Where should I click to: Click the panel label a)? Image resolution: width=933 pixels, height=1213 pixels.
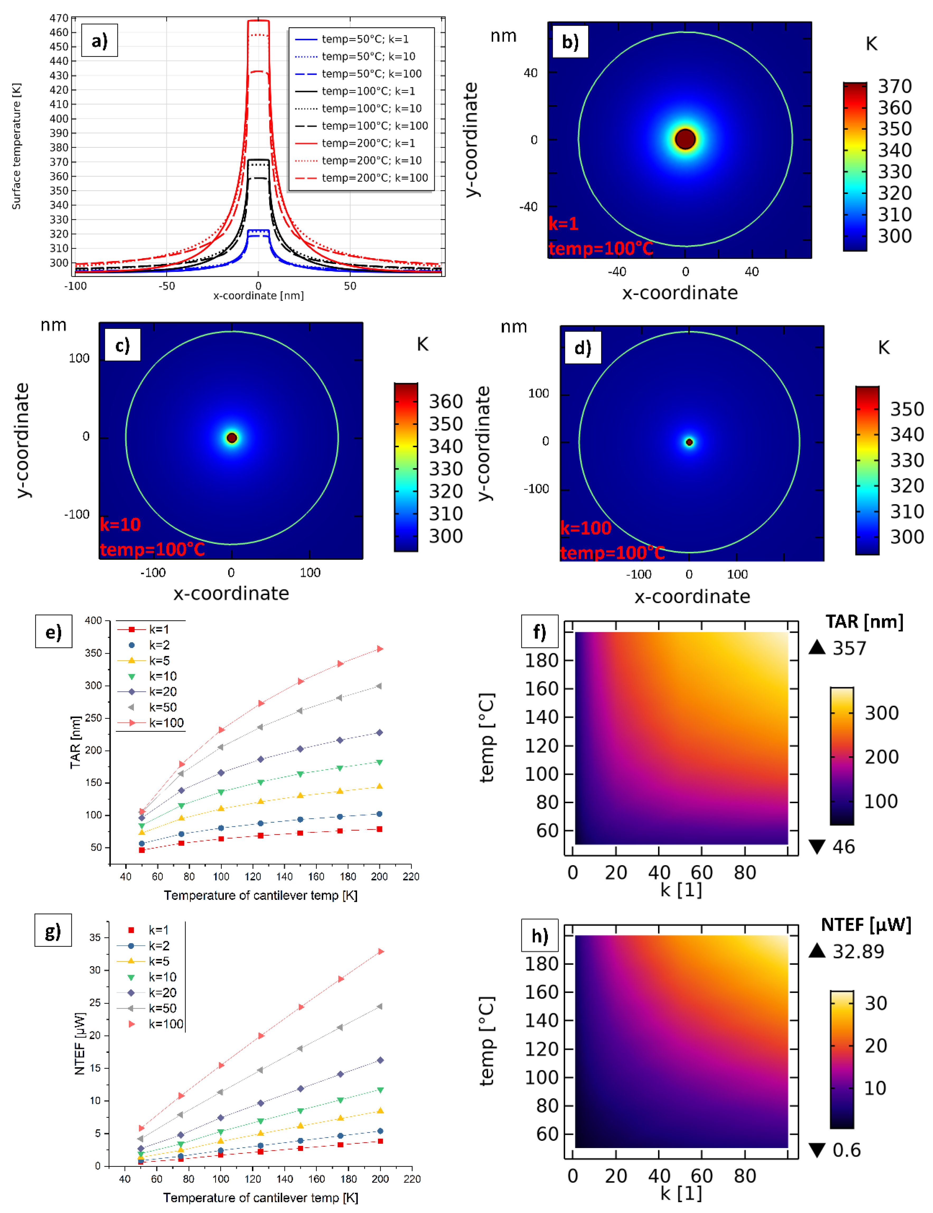tap(99, 40)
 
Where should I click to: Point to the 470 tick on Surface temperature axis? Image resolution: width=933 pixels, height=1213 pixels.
tap(59, 18)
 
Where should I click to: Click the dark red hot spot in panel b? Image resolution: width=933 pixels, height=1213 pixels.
tap(686, 139)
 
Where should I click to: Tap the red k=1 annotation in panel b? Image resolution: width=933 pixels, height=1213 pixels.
tap(563, 224)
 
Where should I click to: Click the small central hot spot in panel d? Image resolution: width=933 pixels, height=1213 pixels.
tap(689, 442)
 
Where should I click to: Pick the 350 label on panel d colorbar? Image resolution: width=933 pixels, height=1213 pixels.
tap(907, 409)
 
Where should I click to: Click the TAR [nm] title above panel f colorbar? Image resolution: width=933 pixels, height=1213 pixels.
tap(864, 622)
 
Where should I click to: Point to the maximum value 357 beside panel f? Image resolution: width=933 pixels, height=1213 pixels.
tap(849, 648)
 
